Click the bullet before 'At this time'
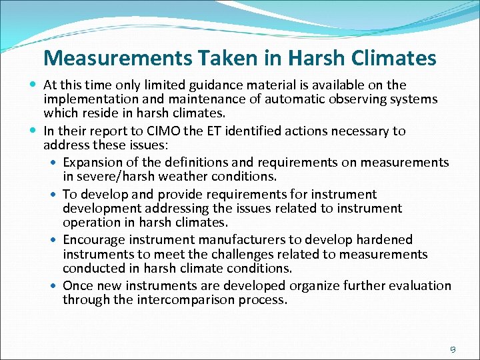[x=34, y=85]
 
